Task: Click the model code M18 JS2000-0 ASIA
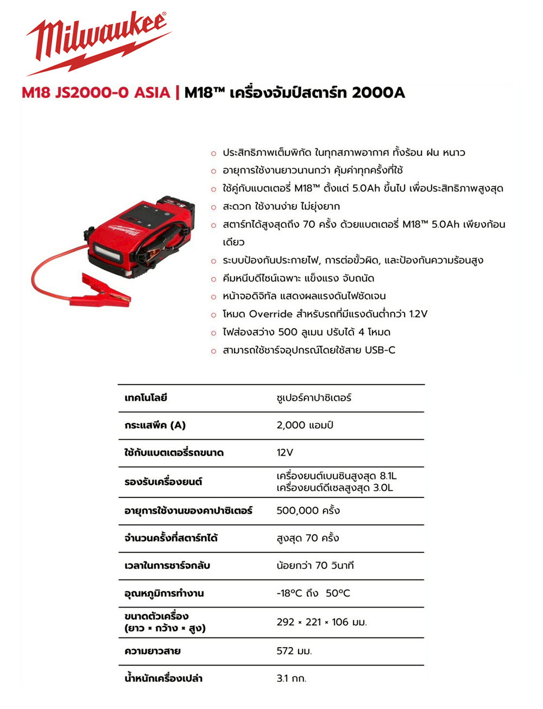coord(96,93)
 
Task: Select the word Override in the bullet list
coord(270,314)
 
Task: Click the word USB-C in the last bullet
coord(380,350)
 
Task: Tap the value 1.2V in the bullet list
coord(418,314)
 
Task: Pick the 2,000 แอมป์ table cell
coord(305,425)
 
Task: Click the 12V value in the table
coord(285,452)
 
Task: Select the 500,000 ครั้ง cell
coord(308,510)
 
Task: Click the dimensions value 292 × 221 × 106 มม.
coord(321,622)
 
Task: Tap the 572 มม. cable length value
coord(294,651)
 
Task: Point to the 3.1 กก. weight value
coord(292,678)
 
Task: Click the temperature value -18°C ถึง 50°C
coord(313,593)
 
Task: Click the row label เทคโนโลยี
coord(146,398)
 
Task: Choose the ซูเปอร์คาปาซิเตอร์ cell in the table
coord(314,398)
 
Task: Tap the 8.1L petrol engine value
coord(388,476)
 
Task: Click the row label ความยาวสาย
coord(152,651)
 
